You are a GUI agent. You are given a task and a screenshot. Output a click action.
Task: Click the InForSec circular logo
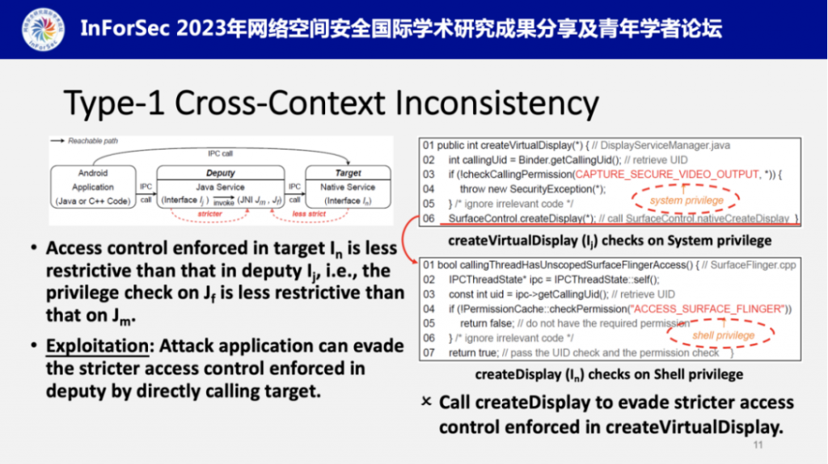44,30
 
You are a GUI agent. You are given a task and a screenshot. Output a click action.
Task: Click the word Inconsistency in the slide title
497,103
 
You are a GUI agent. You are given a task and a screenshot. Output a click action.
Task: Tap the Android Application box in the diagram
93,187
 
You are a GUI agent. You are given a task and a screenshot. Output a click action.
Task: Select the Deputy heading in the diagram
220,173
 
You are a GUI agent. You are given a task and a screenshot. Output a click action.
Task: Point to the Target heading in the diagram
348,173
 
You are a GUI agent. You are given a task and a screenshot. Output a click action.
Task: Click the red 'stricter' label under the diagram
209,213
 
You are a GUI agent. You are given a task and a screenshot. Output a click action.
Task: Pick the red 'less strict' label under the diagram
309,213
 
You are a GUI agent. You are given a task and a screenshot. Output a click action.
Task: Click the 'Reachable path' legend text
93,141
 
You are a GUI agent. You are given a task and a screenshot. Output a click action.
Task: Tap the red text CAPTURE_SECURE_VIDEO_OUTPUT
667,174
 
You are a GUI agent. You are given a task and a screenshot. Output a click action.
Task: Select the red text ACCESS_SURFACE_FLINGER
708,309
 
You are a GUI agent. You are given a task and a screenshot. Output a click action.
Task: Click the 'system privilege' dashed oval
686,200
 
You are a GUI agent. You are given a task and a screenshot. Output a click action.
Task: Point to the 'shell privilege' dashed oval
722,335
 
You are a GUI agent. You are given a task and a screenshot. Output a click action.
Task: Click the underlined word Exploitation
97,346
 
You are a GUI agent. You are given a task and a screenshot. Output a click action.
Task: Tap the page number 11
758,445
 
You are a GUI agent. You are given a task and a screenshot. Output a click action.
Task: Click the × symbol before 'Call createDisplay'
426,402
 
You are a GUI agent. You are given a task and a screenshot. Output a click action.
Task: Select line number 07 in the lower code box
429,352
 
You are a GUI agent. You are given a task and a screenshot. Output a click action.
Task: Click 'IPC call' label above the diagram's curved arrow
220,154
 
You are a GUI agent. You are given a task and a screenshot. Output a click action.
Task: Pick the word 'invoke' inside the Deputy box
224,203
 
